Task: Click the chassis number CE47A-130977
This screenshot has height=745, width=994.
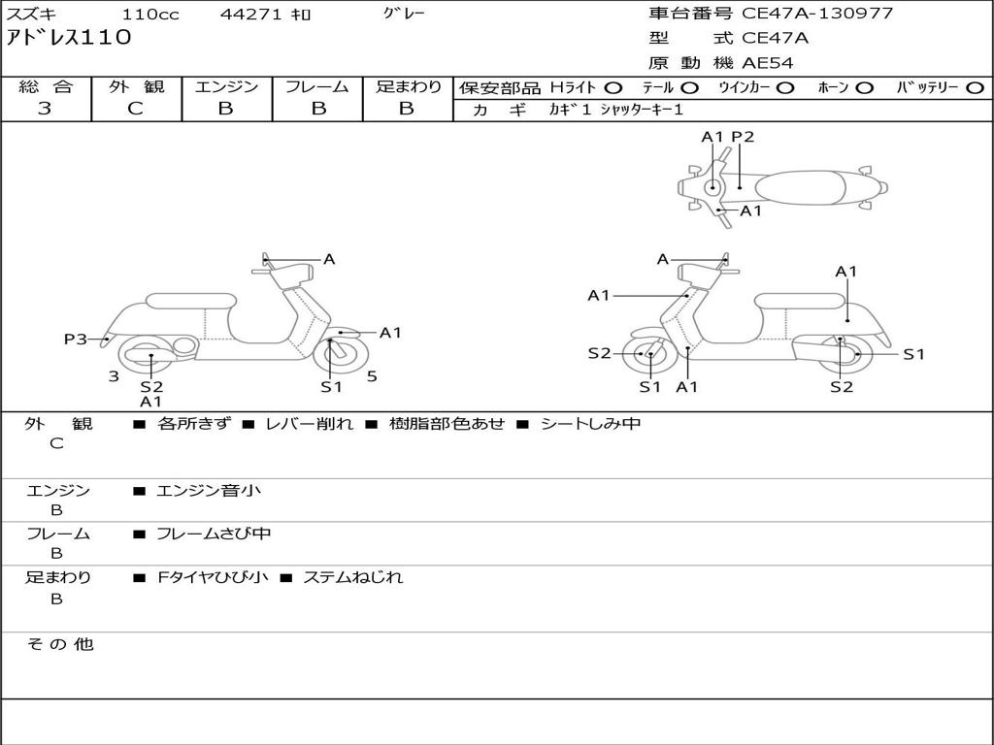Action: (817, 14)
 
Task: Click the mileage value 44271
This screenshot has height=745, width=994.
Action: (249, 15)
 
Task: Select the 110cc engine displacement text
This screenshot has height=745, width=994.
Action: (151, 15)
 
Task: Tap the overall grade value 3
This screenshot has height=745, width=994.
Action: (45, 109)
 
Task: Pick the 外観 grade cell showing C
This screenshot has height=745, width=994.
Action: (135, 109)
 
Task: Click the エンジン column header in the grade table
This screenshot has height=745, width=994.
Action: (226, 87)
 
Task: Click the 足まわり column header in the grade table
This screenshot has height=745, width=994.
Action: (408, 87)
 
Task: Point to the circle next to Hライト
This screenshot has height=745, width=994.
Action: (614, 88)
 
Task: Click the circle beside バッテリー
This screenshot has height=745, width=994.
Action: (976, 88)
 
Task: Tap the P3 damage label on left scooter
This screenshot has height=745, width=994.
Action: (75, 339)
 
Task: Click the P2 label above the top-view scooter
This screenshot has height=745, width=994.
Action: (743, 137)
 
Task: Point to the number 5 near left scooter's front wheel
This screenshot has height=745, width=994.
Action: (372, 376)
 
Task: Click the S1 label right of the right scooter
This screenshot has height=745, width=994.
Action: (913, 354)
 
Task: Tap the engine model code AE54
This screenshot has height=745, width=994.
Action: (768, 63)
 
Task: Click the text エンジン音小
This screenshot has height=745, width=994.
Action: (208, 491)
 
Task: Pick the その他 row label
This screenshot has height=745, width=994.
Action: (59, 644)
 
